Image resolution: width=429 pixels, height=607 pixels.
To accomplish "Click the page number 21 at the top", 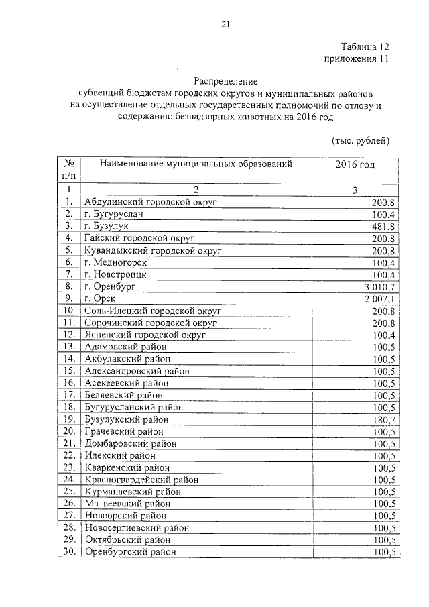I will click(x=225, y=25).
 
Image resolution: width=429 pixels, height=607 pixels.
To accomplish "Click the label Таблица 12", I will click(x=365, y=47).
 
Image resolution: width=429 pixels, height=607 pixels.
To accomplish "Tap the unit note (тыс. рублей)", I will click(x=361, y=140).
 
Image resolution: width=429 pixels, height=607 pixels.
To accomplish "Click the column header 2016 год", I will click(x=355, y=164).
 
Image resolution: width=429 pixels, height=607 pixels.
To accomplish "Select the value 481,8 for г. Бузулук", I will click(x=381, y=226).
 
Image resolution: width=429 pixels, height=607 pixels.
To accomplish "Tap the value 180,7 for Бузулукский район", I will click(x=381, y=419).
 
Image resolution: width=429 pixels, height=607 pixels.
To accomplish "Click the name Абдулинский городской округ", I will click(x=151, y=202).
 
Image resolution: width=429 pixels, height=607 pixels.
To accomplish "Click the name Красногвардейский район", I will click(x=141, y=480).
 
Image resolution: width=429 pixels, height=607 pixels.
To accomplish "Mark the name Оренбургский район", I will click(x=130, y=552).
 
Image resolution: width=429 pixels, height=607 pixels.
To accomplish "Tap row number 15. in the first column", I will click(x=68, y=371).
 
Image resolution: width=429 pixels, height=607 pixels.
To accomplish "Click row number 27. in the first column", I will click(x=68, y=516).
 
